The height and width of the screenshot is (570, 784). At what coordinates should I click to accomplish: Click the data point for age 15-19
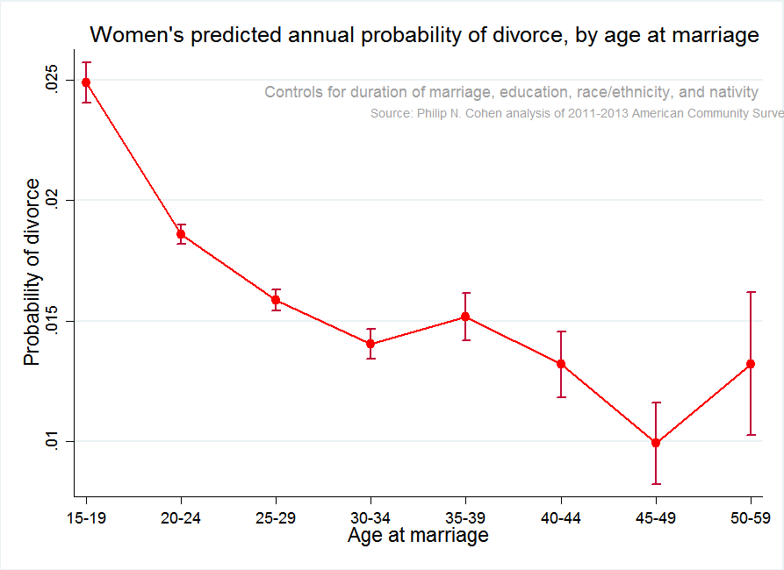[86, 82]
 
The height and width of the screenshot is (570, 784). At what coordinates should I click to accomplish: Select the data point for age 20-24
[181, 234]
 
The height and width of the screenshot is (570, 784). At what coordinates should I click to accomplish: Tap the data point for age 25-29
[276, 300]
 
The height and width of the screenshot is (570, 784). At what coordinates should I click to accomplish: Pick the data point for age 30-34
[370, 344]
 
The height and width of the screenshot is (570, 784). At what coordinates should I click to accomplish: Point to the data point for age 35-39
[466, 317]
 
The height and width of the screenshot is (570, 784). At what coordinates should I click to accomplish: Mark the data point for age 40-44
[561, 364]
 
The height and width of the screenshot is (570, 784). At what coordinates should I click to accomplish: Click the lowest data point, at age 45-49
[656, 443]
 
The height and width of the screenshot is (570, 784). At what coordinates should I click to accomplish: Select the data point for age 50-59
[751, 364]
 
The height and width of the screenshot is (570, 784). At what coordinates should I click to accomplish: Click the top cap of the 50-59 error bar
[751, 292]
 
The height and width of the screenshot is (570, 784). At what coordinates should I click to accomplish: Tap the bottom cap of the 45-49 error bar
[656, 484]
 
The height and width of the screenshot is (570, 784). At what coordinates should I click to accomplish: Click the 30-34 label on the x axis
[370, 518]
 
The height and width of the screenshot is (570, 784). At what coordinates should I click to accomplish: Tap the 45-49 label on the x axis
[656, 518]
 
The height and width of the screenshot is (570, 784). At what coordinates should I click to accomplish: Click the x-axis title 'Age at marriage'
[418, 535]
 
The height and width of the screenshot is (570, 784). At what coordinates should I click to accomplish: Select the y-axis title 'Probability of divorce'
[32, 272]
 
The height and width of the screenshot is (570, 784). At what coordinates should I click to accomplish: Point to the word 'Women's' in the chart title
[129, 36]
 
